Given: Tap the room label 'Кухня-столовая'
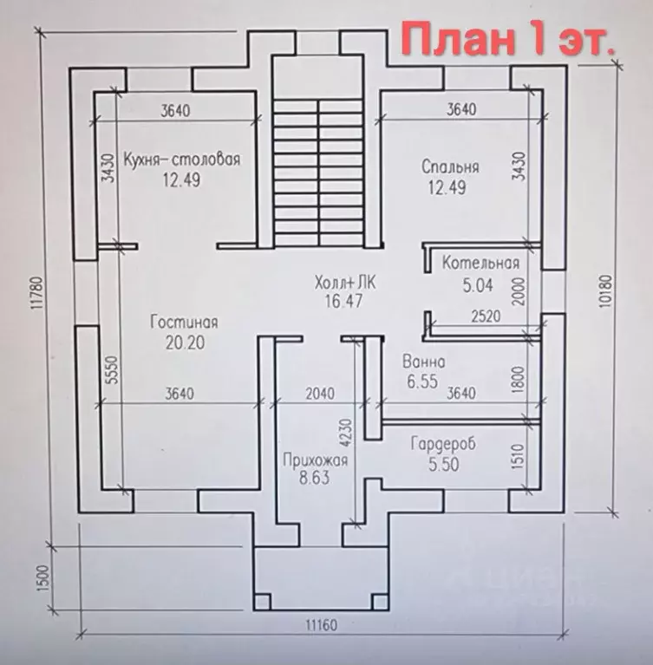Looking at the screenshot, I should pos(181,160).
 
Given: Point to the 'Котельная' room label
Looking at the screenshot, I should pos(480,263).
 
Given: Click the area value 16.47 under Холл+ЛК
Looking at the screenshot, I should pos(339,302).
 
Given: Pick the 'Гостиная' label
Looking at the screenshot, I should pos(183,322).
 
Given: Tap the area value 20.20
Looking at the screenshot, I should pos(183,342).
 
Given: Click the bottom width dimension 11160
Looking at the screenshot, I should pos(319,625).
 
